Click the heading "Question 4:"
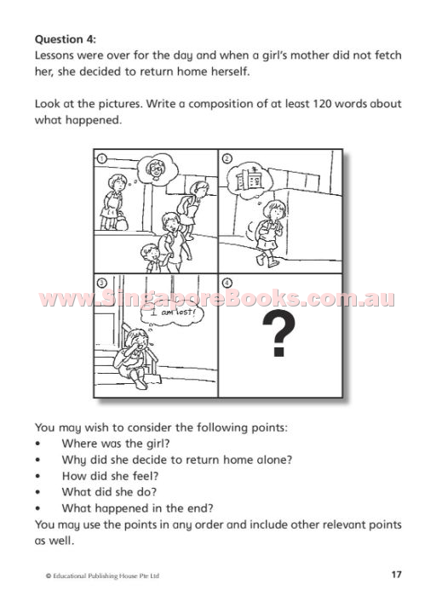[66, 39]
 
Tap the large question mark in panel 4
[278, 334]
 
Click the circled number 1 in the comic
[101, 158]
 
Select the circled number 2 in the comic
[227, 158]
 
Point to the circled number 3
[102, 283]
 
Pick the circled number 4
[227, 283]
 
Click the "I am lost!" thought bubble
[172, 312]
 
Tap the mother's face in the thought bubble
[156, 169]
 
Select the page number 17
[396, 574]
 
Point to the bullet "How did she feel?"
[110, 476]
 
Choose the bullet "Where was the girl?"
[116, 444]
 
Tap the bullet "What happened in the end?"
[138, 508]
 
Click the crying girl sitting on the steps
[135, 358]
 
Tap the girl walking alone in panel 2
[269, 232]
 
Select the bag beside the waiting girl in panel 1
[122, 221]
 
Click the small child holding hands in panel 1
[152, 258]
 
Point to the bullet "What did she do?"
[109, 492]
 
